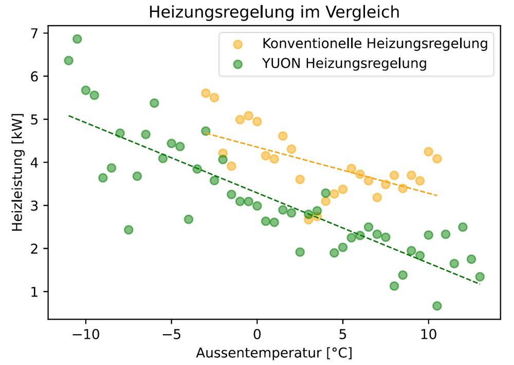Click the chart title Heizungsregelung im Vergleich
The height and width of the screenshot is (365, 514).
coord(274,12)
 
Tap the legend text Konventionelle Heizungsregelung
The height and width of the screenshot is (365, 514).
coord(375,43)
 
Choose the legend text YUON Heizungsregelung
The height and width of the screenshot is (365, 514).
coord(344,64)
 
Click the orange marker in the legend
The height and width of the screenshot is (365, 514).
coord(237,44)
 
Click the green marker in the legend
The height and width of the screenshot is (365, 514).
coord(237,64)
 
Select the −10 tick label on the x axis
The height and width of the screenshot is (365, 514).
coord(83,333)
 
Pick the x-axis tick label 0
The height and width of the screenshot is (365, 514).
coord(257,333)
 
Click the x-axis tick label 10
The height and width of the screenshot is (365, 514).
coord(428,333)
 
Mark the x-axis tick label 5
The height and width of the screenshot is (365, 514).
coord(342,333)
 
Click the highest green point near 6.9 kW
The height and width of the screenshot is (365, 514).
coord(77,39)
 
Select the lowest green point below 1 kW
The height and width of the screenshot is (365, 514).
coord(437,306)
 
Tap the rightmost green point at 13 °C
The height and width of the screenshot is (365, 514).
coord(480,277)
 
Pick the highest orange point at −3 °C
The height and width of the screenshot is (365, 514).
coord(206,93)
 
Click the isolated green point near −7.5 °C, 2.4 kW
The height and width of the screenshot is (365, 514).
coord(128,230)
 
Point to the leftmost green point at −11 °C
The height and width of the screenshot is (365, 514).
coord(68,61)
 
